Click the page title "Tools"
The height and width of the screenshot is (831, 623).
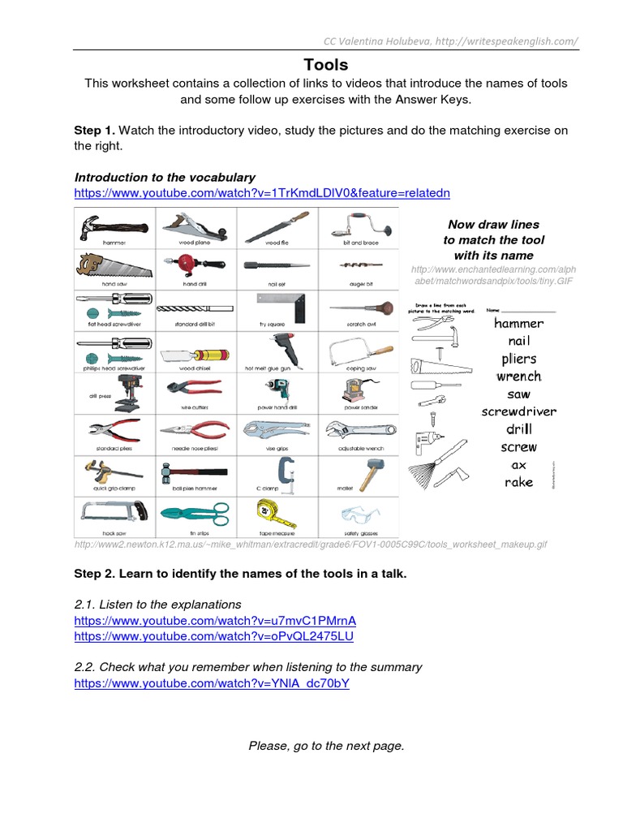[325, 65]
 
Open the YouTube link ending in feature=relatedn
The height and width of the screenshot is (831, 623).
[261, 193]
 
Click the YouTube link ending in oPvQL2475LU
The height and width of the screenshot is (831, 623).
[213, 636]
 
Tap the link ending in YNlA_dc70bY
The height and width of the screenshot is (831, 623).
[211, 683]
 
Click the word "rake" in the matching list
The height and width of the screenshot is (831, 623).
[518, 482]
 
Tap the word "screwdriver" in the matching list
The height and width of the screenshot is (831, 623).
[518, 411]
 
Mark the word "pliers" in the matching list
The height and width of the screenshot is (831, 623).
[518, 359]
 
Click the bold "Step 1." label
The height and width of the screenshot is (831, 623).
[96, 130]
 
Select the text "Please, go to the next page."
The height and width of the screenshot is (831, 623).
[326, 746]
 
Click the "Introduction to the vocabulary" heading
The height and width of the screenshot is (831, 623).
[165, 177]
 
